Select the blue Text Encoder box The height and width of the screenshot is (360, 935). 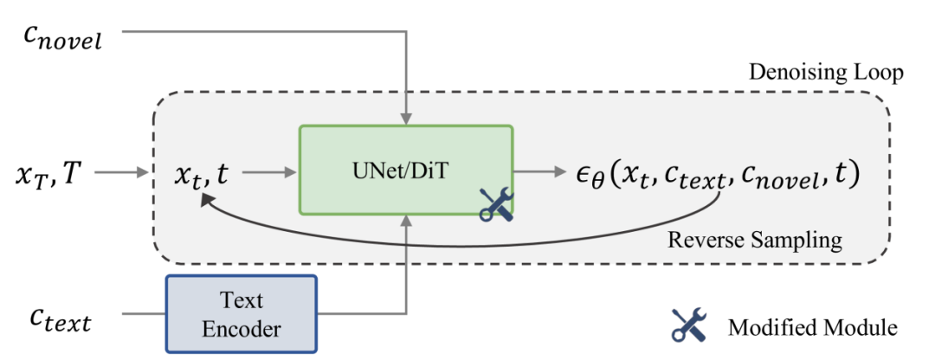pyautogui.click(x=242, y=313)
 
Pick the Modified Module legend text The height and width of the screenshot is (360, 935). pyautogui.click(x=812, y=327)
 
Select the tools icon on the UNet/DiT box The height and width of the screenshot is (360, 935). pyautogui.click(x=496, y=203)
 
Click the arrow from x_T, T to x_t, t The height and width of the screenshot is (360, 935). pyautogui.click(x=121, y=173)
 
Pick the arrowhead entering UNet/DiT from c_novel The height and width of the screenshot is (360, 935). pyautogui.click(x=405, y=119)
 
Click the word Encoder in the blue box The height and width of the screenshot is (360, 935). pyautogui.click(x=242, y=329)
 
